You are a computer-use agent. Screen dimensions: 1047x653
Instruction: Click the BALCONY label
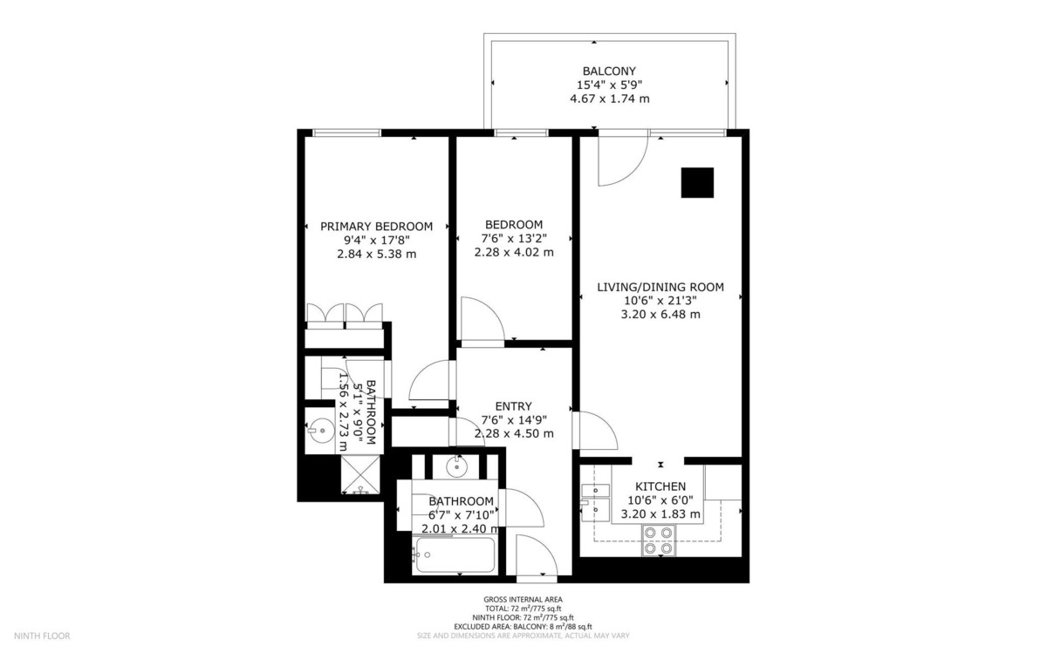[x=609, y=71]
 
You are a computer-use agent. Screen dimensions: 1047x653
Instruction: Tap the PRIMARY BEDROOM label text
[x=376, y=227]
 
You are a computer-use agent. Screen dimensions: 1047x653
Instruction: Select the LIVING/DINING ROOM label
[x=660, y=287]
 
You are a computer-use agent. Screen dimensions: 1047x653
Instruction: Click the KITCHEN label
[x=660, y=486]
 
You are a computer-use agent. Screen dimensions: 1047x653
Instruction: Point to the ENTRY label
[x=514, y=406]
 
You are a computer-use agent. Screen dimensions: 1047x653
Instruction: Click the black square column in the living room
[x=697, y=182]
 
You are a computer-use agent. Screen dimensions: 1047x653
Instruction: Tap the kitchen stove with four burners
[x=659, y=540]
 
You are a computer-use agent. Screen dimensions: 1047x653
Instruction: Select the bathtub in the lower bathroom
[x=455, y=554]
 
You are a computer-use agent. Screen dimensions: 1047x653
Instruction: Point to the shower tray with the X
[x=360, y=475]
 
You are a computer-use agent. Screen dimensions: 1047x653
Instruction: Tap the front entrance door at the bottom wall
[x=537, y=556]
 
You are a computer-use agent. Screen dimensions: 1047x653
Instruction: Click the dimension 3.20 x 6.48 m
[x=660, y=315]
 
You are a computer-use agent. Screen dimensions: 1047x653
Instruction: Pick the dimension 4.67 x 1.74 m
[x=610, y=99]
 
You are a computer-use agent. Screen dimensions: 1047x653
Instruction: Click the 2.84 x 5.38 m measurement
[x=376, y=254]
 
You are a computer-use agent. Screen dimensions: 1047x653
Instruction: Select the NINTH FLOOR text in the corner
[x=42, y=636]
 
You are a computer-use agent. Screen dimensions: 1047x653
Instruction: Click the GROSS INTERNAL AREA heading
[x=523, y=599]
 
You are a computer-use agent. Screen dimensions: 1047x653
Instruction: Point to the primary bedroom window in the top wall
[x=347, y=133]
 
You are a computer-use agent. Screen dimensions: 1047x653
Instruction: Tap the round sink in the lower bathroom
[x=455, y=466]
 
